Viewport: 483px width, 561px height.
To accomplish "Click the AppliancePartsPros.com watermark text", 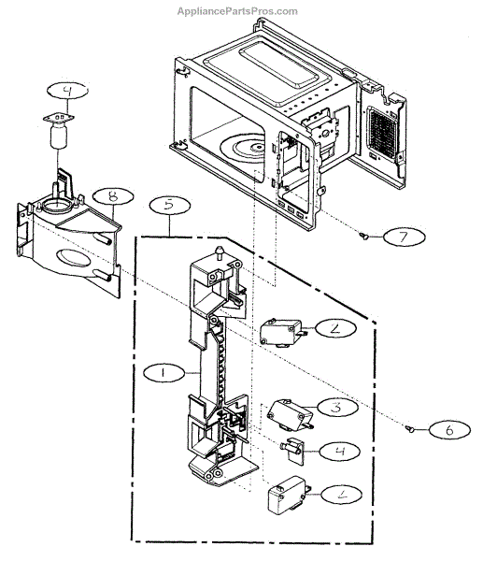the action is tap(237, 11).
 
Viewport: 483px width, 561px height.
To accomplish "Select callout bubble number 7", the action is tap(404, 237).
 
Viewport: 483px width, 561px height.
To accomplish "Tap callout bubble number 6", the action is tap(449, 430).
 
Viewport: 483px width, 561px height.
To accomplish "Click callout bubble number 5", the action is tap(170, 205).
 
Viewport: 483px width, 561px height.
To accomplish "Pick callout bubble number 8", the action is tap(113, 196).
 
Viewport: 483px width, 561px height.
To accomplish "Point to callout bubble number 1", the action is tap(164, 373).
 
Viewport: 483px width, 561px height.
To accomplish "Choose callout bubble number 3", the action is tap(337, 407).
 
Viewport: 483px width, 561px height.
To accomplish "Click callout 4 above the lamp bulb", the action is tap(67, 91).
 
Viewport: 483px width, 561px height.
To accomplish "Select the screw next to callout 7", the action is tap(364, 236).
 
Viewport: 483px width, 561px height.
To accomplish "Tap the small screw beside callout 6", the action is tap(410, 428).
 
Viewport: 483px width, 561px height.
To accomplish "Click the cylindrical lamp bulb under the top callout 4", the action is tap(59, 136).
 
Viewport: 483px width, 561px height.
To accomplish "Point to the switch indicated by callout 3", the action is tap(291, 415).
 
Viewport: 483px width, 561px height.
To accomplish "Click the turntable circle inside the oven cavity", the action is tap(243, 148).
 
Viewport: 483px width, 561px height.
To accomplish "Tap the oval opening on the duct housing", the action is tap(73, 258).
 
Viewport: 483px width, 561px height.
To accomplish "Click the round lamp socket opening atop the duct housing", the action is tap(56, 206).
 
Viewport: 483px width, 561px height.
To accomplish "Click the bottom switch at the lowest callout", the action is tap(288, 495).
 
